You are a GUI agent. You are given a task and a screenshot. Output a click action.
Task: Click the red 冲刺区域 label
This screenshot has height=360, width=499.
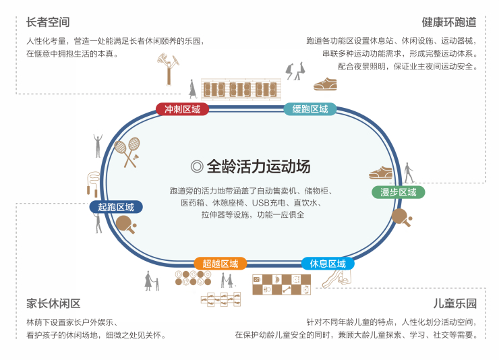182,109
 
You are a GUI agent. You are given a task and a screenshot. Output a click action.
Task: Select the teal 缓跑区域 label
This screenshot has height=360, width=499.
310,109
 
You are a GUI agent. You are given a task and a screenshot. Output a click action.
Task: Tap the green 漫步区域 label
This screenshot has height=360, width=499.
398,192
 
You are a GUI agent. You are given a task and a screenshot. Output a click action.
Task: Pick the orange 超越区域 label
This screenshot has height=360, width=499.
221,264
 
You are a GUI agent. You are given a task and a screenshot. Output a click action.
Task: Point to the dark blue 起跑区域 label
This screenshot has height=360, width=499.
116,207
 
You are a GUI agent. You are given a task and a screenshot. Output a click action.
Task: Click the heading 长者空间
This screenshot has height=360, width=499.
48,22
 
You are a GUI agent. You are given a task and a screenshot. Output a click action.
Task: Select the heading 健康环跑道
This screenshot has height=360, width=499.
449,22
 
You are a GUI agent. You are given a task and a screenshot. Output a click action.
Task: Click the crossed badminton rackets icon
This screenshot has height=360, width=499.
127,152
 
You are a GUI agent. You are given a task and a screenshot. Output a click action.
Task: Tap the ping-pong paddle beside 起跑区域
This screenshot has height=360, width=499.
125,227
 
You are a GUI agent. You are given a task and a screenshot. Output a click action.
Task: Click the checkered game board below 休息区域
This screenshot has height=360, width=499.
281,284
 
